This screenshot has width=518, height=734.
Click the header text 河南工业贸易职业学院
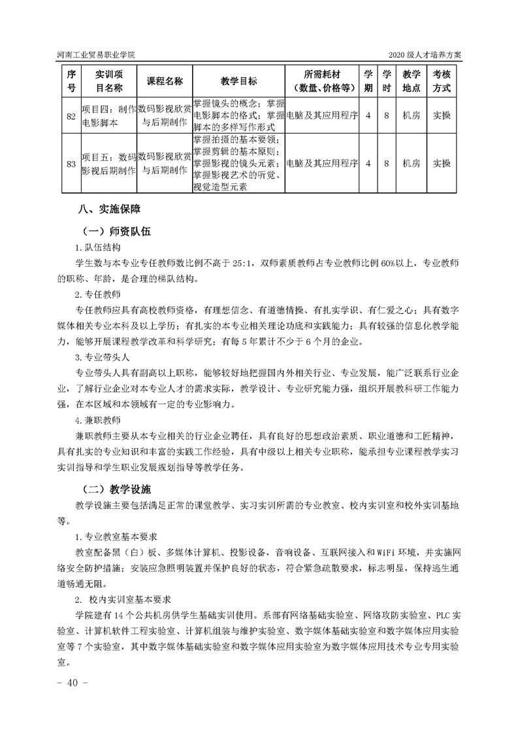(97, 55)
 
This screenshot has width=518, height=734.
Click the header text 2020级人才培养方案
(425, 55)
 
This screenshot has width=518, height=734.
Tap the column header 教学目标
(238, 80)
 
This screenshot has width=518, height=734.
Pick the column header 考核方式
(442, 80)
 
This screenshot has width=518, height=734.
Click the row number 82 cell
(71, 115)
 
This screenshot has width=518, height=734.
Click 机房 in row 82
(412, 115)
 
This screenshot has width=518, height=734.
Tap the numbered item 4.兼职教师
(97, 419)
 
